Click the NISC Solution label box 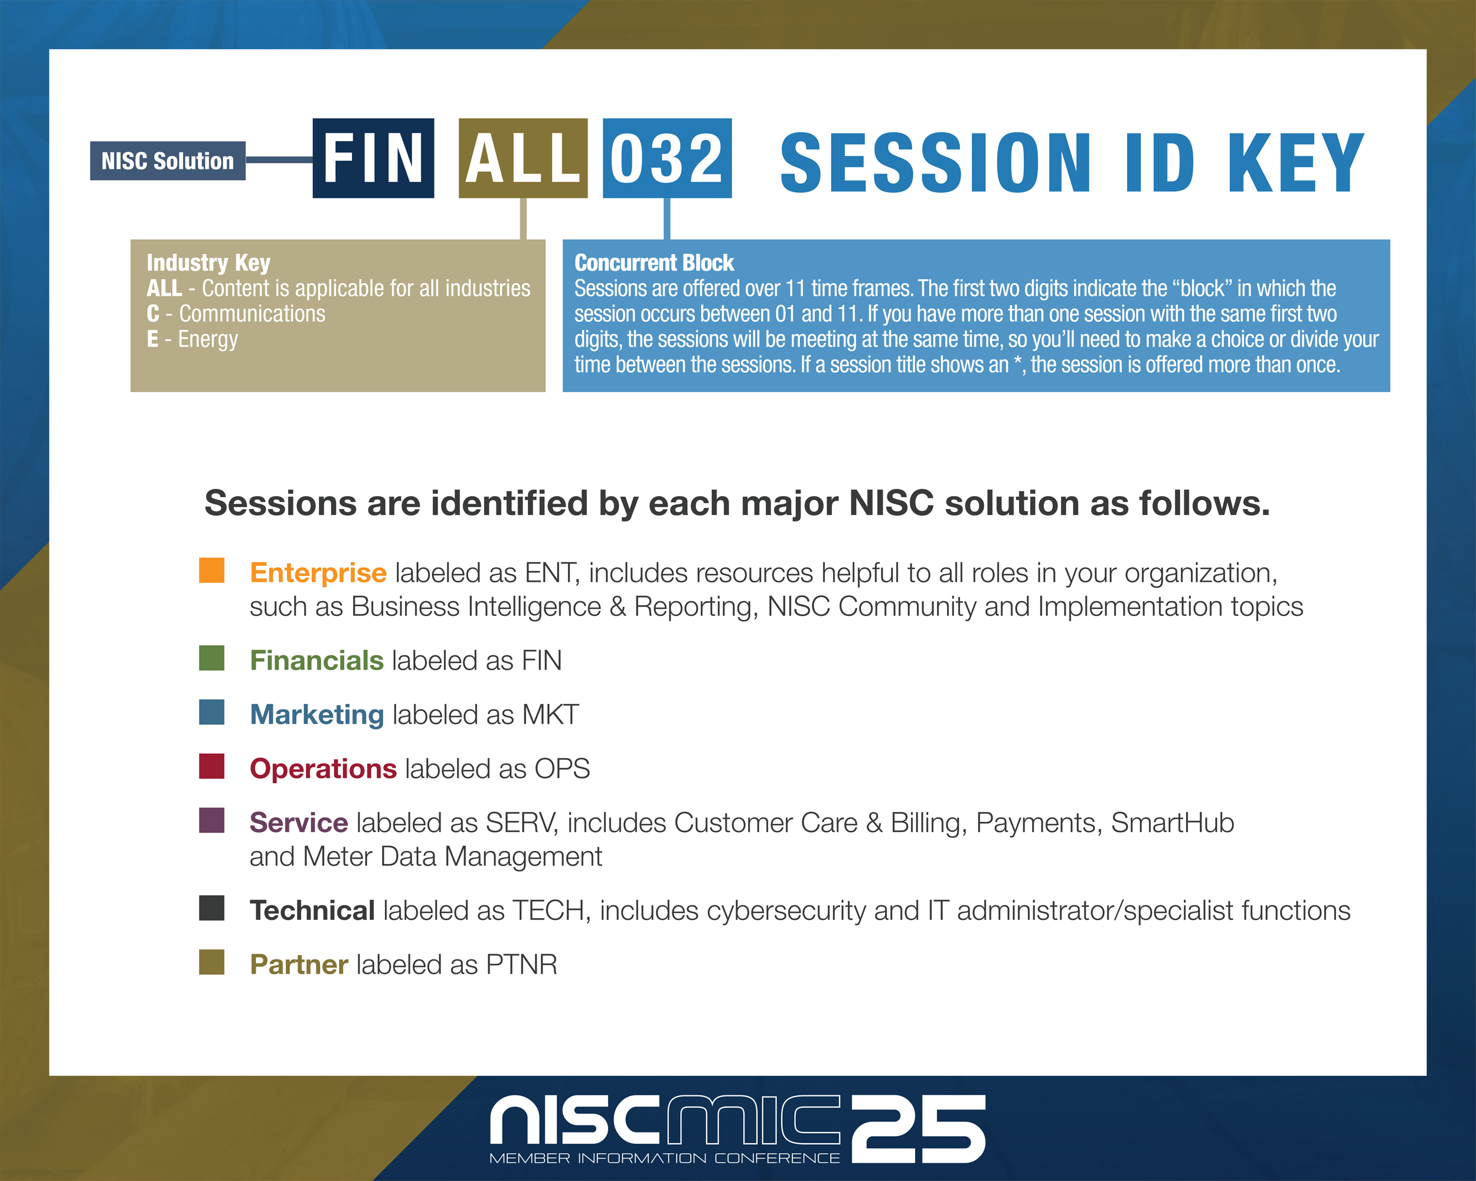point(168,161)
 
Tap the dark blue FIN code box point(373,158)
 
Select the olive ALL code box point(523,158)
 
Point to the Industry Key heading point(209,263)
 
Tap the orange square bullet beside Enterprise point(211,570)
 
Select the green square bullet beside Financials point(211,658)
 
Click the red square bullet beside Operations point(211,766)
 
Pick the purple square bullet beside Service point(211,820)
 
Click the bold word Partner point(299,965)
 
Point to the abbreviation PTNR point(522,965)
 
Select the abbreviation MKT point(550,715)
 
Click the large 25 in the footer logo point(919,1128)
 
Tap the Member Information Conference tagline point(665,1159)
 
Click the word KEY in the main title point(1296,163)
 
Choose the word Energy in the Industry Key point(208,340)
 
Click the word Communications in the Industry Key point(252,314)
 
